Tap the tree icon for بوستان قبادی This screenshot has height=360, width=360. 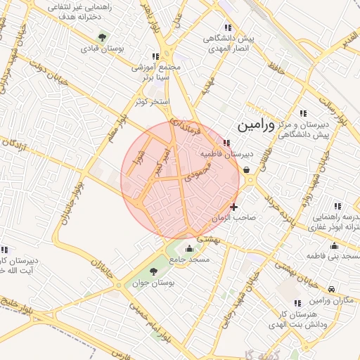click(x=104, y=37)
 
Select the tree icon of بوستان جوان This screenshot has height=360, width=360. click(x=155, y=272)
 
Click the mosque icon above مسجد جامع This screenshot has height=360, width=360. click(x=188, y=248)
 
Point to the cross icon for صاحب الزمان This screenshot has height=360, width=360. click(x=233, y=207)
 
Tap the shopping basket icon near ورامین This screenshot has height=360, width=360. click(x=246, y=169)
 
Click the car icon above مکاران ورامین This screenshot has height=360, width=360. click(x=331, y=289)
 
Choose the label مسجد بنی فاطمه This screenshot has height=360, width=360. click(x=333, y=257)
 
